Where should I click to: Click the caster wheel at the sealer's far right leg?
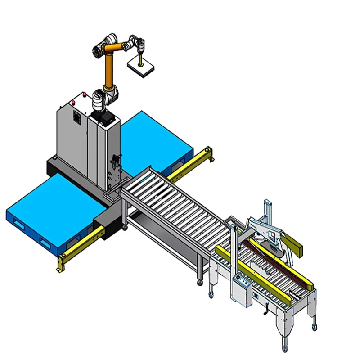click(314, 327)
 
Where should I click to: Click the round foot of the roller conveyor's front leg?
click(199, 283)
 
